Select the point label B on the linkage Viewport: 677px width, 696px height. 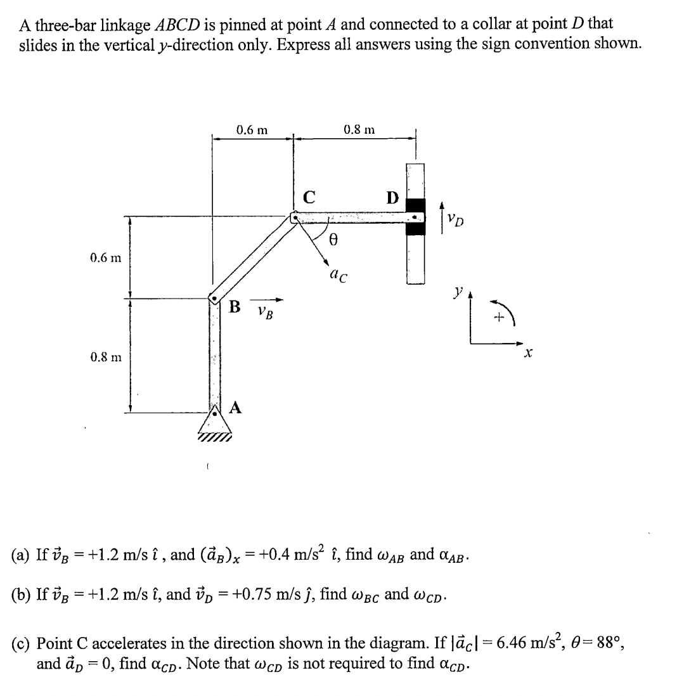[x=235, y=307]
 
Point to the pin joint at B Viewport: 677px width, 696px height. [x=215, y=299]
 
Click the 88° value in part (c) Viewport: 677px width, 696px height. [x=615, y=644]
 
